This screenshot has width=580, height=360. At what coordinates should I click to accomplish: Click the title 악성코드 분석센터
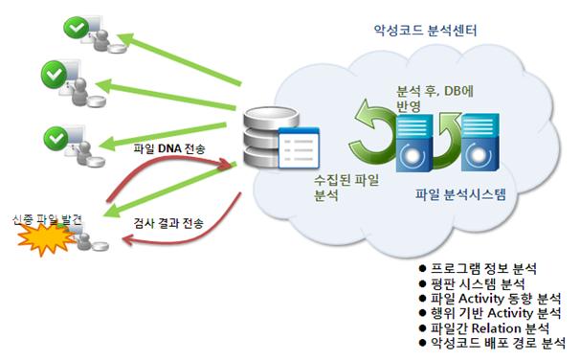pos(425,30)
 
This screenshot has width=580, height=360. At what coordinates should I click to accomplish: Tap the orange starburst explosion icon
pos(46,239)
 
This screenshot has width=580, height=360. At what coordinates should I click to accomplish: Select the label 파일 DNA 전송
pos(169,148)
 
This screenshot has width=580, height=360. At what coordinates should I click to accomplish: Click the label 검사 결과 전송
pos(168,223)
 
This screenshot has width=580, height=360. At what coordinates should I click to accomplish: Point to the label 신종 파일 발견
pos(47,220)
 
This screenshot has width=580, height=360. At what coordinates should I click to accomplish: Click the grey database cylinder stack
pos(270,137)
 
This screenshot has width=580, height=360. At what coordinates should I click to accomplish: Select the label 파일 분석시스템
pos(460,194)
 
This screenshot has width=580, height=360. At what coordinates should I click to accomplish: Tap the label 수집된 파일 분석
pos(346,188)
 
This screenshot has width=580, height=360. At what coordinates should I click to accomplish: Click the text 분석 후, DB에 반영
pos(435,99)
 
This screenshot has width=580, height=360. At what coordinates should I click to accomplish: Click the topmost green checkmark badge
pos(77,28)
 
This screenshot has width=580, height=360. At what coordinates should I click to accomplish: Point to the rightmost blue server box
pos(480,143)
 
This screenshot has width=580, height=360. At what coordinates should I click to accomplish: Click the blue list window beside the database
pos(299,147)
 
